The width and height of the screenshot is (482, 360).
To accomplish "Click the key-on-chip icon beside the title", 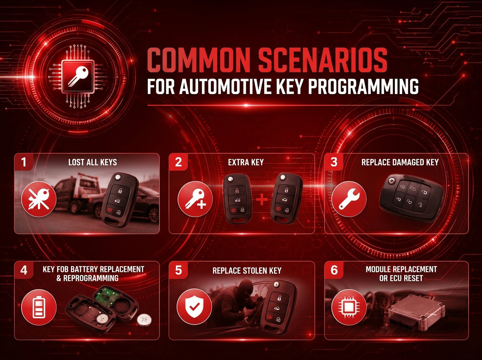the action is tap(78, 76).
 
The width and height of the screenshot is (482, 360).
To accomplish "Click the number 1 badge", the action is tap(24, 162).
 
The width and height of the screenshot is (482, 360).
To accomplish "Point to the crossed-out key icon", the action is tap(39, 199).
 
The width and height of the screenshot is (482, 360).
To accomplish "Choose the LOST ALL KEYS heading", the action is tap(92, 162).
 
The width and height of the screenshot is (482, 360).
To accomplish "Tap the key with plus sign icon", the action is tap(195, 199).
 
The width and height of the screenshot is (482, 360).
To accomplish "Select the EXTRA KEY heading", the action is tap(246, 162).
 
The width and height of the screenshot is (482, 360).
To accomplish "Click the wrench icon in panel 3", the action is tap(349, 199).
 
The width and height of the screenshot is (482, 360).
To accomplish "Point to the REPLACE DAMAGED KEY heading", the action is tap(400, 162).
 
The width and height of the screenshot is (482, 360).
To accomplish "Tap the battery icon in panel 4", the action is tap(39, 307).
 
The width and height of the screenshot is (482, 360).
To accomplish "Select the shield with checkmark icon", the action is tap(194, 307).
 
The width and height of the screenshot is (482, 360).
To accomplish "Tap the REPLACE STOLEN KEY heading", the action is tap(247, 271).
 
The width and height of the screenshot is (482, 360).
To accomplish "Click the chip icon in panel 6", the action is tap(349, 307).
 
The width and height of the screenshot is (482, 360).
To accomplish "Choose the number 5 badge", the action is tap(178, 270).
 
